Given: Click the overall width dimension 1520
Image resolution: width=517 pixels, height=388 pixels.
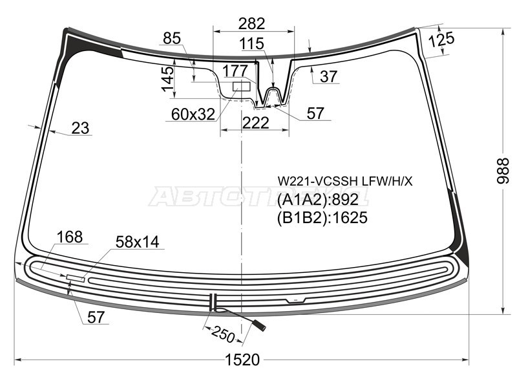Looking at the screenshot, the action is (x=242, y=360).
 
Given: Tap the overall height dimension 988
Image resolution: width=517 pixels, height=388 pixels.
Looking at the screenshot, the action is (x=503, y=171).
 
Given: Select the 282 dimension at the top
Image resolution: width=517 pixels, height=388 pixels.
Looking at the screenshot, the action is (x=251, y=24).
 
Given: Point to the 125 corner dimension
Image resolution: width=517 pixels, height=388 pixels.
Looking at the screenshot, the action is (x=441, y=39).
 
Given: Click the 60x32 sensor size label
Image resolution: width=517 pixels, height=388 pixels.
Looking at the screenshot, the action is (x=193, y=114).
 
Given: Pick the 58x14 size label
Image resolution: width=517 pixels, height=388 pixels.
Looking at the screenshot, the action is (x=138, y=242).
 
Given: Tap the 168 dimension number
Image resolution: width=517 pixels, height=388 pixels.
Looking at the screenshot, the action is (x=70, y=237).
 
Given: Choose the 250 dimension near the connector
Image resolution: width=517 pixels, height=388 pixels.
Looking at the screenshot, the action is (x=224, y=334).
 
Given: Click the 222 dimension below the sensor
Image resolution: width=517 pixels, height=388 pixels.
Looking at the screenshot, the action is (x=255, y=123).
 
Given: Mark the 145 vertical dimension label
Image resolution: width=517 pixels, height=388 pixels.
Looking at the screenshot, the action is (x=167, y=79).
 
